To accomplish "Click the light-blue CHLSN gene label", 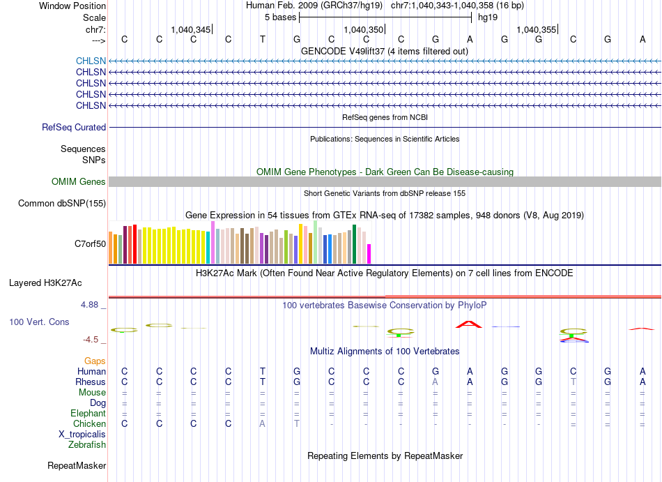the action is tap(91, 61).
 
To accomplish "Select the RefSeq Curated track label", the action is tap(74, 127).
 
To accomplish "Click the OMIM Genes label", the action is tap(79, 181).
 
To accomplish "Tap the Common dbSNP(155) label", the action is tap(62, 203).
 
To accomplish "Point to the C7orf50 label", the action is tap(91, 243).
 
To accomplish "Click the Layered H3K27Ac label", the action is tap(45, 283).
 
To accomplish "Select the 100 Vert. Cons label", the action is tap(39, 322).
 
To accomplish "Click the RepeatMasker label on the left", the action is tap(77, 465).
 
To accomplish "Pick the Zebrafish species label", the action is tap(87, 444).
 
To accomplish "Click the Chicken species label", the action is tap(89, 423).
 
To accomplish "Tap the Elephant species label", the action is tap(88, 413).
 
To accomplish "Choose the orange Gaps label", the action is tap(95, 361).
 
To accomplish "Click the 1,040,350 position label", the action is tap(364, 29).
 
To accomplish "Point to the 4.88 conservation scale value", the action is tap(90, 305).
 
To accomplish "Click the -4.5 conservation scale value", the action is tap(91, 340).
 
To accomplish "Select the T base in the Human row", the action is tap(263, 371).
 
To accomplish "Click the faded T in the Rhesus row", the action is tap(574, 382).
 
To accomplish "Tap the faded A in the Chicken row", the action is tap(263, 423).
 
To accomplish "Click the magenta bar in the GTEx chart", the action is tap(369, 254).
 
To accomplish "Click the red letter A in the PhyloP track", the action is tap(469, 324).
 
